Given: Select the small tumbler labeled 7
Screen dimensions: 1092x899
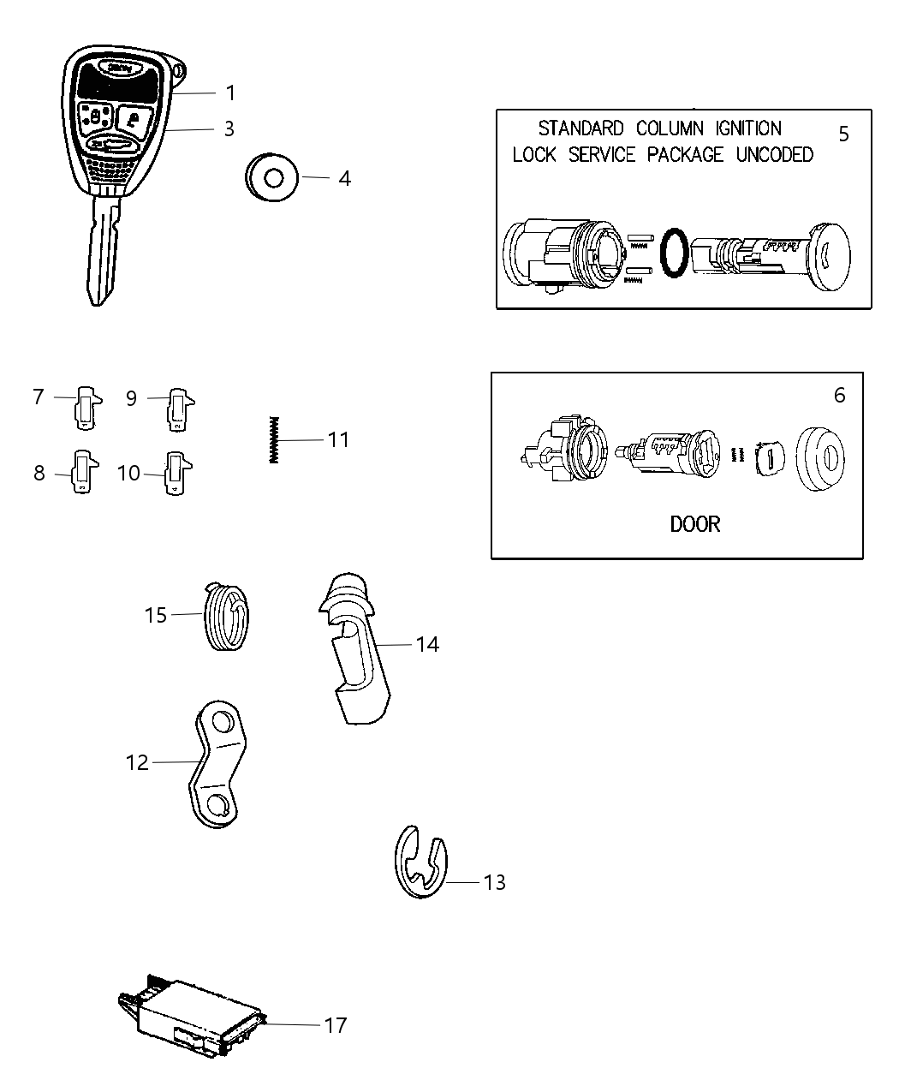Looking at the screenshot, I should tap(86, 406).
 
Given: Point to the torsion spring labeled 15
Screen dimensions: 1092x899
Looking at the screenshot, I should tap(228, 617).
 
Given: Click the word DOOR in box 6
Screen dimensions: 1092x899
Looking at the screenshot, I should tap(694, 523).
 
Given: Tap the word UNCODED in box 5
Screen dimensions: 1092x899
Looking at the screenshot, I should tap(774, 155).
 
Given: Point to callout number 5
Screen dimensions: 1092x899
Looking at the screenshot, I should tap(843, 134).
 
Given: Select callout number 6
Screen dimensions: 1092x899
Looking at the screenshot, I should tap(839, 395).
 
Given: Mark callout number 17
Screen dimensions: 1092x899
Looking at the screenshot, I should tap(335, 1024).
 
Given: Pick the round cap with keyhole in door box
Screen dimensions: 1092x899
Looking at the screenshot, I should tap(819, 459).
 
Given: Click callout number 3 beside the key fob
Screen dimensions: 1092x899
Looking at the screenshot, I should tap(229, 128).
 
